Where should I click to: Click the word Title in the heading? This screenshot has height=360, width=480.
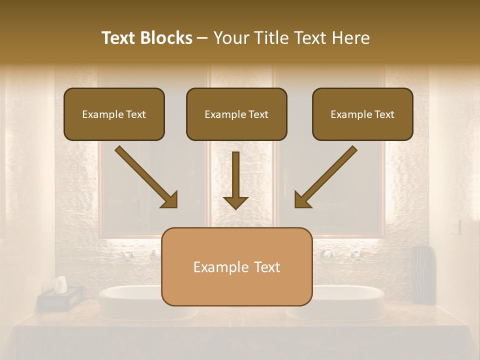click(268, 38)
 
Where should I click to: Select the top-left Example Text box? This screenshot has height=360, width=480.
click(114, 114)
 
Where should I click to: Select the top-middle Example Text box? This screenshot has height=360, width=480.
click(236, 114)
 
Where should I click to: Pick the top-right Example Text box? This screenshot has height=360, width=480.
click(362, 114)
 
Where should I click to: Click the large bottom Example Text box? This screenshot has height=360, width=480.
click(236, 266)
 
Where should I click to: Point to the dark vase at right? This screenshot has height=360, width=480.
click(422, 274)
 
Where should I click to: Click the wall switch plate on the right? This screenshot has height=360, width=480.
click(454, 227)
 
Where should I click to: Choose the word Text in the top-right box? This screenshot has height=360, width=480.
click(384, 114)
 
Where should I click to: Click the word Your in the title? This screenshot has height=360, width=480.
click(228, 38)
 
